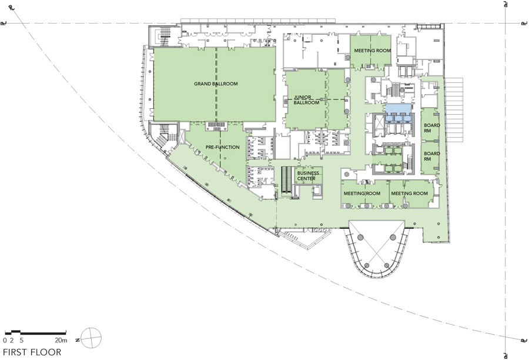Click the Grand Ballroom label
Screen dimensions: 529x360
tap(216, 84)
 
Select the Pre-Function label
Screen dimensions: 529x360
tap(223, 147)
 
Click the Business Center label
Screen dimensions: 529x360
tap(308, 176)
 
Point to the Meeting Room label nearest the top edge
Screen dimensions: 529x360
tap(373, 51)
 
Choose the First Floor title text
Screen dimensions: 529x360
tap(32, 352)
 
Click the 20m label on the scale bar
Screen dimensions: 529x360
tap(61, 340)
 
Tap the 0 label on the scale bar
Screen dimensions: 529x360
tap(5, 340)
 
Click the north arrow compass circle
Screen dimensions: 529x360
tap(91, 338)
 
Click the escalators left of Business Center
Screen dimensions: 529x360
tap(286, 180)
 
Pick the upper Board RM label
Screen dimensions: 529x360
tap(432, 128)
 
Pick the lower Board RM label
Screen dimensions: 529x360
tap(432, 156)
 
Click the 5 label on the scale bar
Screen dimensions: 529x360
tap(22, 340)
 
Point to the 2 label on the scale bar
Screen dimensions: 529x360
tap(12, 340)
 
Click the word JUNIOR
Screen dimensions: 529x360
tap(303, 97)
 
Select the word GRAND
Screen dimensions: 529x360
tap(202, 84)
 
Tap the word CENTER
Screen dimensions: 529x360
tap(306, 178)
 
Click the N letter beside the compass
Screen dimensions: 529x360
tap(78, 340)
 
